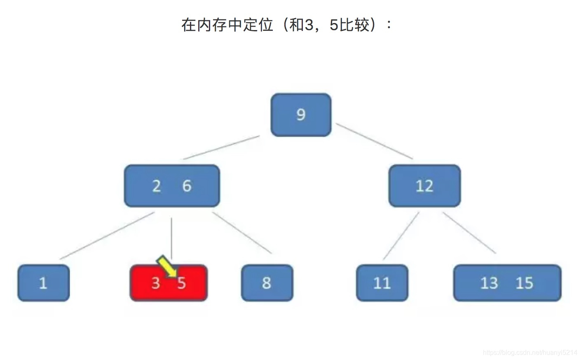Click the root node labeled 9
301,115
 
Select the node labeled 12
424,186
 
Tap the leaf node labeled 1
43,283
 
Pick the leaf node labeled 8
267,283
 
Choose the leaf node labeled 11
382,283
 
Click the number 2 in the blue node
156,186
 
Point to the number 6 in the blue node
187,186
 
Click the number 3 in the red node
155,283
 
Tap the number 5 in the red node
182,283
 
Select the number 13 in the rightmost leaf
489,283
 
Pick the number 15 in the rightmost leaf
524,283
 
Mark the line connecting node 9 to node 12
374,141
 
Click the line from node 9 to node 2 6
221,147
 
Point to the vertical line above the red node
171,237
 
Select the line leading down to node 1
107,235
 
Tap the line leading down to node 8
242,233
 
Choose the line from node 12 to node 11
401,236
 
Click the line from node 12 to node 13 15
469,233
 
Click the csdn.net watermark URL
530,353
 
